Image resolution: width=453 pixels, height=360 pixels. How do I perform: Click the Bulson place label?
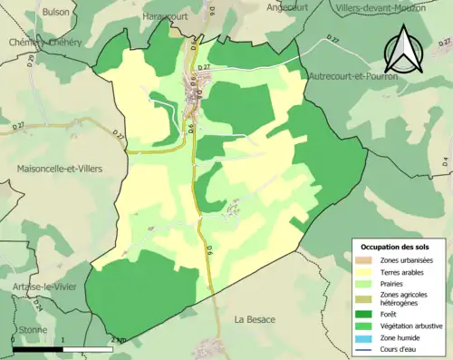[x=55, y=13]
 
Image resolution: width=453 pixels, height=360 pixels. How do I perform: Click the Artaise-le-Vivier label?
[x=43, y=287]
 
